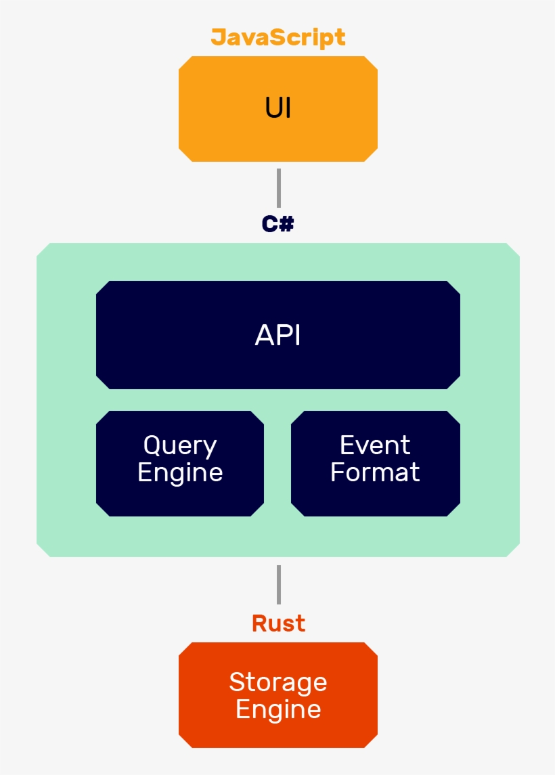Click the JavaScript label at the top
[278, 37]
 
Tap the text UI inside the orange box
[278, 108]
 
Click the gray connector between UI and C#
[278, 188]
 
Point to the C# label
[278, 224]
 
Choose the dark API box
[278, 366]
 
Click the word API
[278, 336]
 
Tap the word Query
[180, 446]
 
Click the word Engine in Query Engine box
[180, 472]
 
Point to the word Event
[375, 445]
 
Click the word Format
[375, 472]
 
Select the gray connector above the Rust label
[278, 585]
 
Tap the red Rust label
[278, 623]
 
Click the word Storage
[278, 682]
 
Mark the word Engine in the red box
[278, 709]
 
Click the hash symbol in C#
[286, 224]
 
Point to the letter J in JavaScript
[219, 37]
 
